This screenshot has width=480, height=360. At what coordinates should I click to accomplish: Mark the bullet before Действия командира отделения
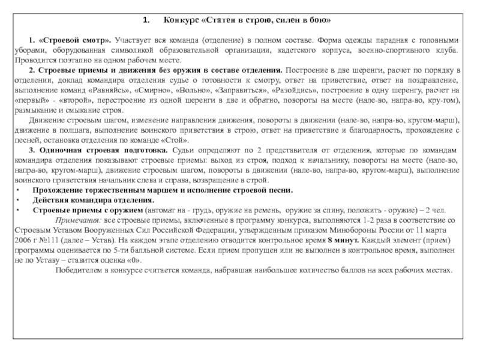17,200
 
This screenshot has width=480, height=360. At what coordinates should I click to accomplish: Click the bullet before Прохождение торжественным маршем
17,190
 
